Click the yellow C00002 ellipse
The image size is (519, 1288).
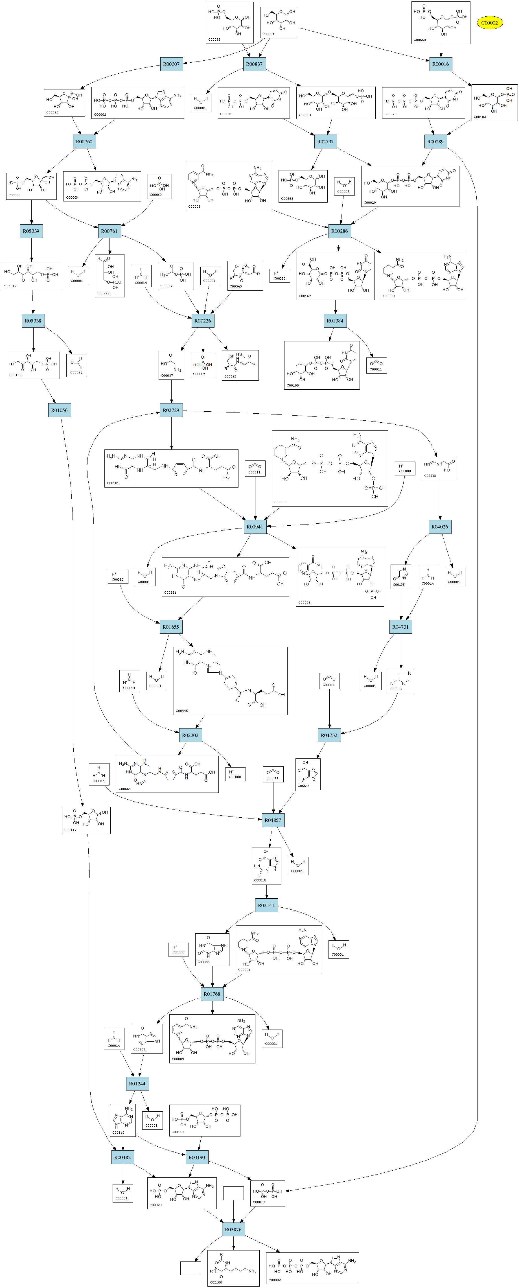[x=489, y=23]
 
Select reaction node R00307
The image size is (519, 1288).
[x=171, y=64]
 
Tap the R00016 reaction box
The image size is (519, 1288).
[x=441, y=64]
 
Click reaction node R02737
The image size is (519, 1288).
[x=325, y=142]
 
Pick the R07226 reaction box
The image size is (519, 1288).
[x=203, y=321]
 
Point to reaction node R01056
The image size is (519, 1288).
[x=59, y=410]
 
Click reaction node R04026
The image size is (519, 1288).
[x=439, y=526]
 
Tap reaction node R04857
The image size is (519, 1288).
[x=273, y=820]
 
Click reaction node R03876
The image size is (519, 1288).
[x=233, y=1230]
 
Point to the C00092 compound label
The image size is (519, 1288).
[x=214, y=39]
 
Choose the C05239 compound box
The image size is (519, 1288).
[x=401, y=681]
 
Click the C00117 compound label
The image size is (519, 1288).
[x=70, y=830]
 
